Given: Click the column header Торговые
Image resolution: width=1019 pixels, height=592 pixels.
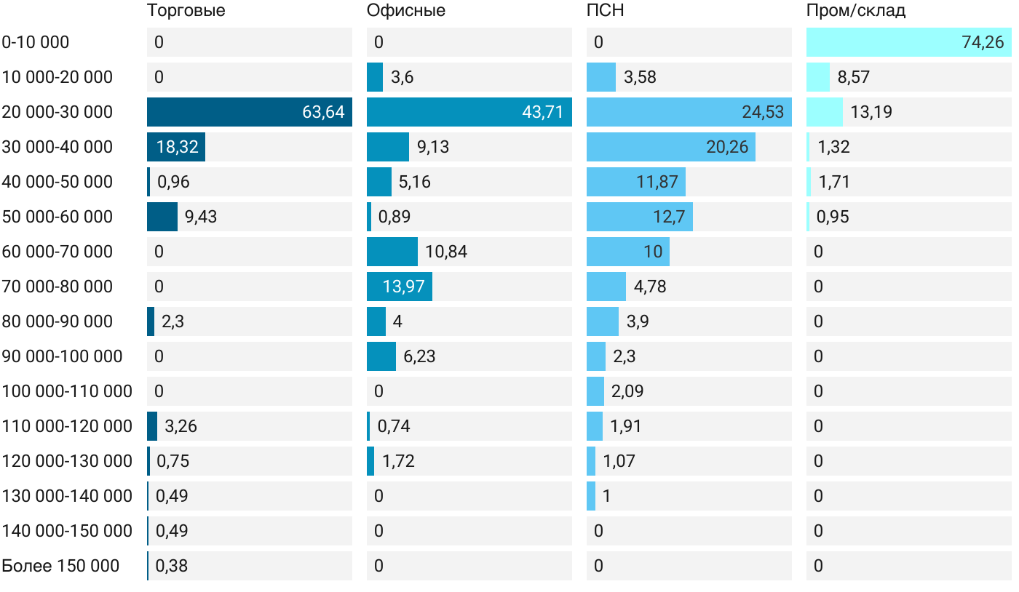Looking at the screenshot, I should pos(186,11).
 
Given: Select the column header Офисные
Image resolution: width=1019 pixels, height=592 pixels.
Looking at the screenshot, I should pos(405,11).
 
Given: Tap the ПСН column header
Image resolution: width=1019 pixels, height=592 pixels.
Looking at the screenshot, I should pos(605,11).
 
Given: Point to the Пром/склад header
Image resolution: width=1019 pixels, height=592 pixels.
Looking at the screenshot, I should pos(855,11).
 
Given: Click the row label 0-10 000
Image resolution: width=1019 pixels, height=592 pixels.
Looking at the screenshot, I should pos(36,42).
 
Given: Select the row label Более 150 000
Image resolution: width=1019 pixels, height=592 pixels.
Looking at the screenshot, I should pos(60,566).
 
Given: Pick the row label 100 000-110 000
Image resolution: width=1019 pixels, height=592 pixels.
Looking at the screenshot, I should pos(67,391).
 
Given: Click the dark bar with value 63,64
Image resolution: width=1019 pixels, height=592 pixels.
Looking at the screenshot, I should pos(249,112).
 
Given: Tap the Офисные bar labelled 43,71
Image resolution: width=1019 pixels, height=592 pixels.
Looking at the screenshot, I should pos(469,112).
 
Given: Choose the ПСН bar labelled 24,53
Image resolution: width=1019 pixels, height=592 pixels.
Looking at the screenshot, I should pos(689,112).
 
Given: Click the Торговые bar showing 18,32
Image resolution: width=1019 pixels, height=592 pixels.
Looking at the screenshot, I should pos(176,147).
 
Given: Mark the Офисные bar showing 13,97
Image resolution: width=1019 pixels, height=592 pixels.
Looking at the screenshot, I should pos(399,287).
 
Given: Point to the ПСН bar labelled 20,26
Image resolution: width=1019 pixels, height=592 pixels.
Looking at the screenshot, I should pos(670,147).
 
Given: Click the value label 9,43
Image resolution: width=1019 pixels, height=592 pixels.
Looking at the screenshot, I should pos(201,217).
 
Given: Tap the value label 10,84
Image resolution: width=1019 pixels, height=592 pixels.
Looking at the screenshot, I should pos(446,252).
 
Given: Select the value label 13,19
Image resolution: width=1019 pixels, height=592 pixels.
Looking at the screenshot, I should pos(871,112).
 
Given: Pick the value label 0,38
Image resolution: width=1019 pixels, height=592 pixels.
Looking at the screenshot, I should pos(172,566).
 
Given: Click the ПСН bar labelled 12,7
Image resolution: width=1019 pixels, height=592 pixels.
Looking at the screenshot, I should pos(639,217).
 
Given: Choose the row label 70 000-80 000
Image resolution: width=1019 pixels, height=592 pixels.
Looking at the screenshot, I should pos(58,287).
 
